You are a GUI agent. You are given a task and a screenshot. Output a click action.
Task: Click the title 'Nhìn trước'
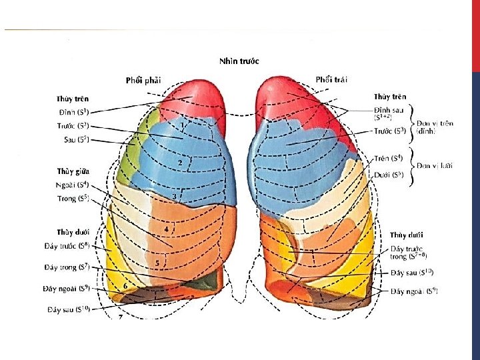click(239, 61)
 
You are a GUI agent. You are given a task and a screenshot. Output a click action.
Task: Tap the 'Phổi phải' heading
click(143, 81)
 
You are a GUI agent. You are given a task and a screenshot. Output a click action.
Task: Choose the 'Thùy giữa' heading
click(73, 171)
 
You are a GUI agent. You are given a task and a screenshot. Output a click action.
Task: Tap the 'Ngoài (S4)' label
click(73, 185)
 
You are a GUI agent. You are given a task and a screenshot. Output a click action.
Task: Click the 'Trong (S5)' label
click(73, 198)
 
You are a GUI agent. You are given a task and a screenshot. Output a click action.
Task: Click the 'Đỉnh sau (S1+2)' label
click(389, 113)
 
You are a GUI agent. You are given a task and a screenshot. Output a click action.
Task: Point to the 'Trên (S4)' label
click(389, 159)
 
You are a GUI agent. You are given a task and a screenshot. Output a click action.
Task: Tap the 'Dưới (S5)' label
click(389, 175)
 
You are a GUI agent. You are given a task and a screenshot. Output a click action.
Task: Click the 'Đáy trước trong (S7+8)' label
click(407, 252)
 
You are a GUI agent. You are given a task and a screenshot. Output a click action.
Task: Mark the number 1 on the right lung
click(182, 125)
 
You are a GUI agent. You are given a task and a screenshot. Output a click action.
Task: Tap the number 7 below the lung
click(120, 317)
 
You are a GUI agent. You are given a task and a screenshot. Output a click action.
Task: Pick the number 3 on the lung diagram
click(175, 197)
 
